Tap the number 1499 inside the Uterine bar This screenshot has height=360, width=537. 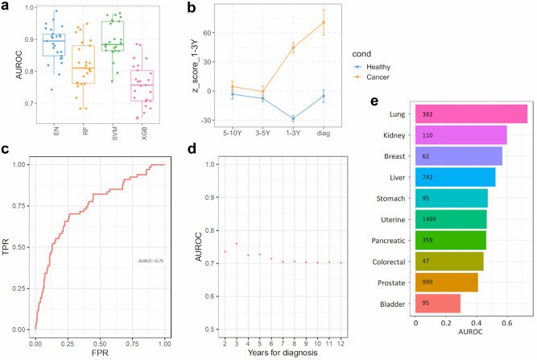(x=428, y=219)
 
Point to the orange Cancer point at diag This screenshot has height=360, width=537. (x=324, y=22)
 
